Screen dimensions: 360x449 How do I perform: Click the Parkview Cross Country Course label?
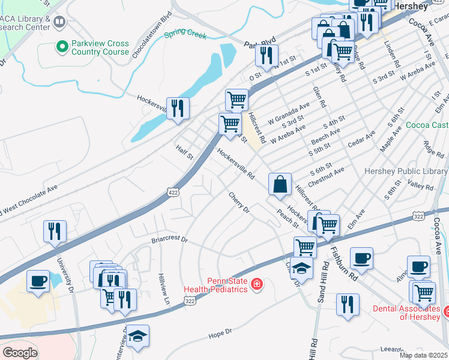click(x=100, y=47)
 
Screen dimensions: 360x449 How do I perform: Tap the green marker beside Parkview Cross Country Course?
click(x=62, y=46)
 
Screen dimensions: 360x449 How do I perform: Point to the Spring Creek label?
click(x=185, y=34)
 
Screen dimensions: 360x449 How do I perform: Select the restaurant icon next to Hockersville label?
click(x=177, y=108)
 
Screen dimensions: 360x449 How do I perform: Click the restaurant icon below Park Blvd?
click(x=265, y=55)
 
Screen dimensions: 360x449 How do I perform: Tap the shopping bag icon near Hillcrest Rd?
click(x=280, y=184)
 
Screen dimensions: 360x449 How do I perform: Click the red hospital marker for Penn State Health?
click(x=257, y=283)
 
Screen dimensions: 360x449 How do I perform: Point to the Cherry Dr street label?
click(x=238, y=203)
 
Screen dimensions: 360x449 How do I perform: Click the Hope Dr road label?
click(x=220, y=333)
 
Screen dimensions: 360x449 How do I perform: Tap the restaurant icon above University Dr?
click(x=55, y=231)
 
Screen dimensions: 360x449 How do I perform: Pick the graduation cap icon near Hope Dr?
click(x=137, y=336)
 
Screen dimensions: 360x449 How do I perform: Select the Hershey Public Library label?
click(x=406, y=171)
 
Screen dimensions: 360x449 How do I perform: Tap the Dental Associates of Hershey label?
click(x=406, y=313)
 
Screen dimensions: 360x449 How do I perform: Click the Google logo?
click(x=19, y=353)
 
